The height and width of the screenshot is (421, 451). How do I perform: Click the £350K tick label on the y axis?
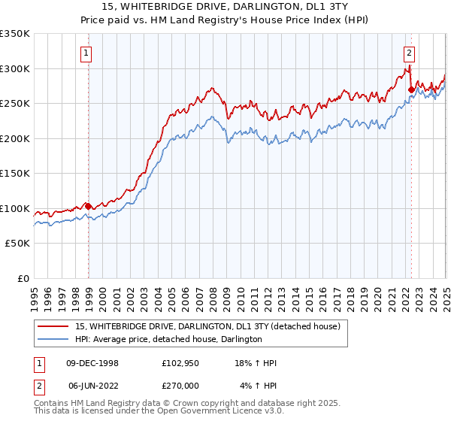15,34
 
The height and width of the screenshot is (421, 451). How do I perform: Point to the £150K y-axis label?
15,173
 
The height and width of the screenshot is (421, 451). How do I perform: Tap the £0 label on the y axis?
23,278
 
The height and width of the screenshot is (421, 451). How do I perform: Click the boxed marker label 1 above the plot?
88,53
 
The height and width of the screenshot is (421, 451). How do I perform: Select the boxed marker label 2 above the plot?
409,53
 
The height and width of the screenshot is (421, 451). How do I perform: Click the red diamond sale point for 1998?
89,206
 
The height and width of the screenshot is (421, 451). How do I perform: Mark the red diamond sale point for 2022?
411,89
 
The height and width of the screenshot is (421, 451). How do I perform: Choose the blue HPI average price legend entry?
168,340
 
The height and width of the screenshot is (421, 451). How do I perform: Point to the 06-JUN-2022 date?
92,386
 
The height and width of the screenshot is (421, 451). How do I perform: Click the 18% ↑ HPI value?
256,363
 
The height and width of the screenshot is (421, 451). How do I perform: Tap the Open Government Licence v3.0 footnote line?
159,413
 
